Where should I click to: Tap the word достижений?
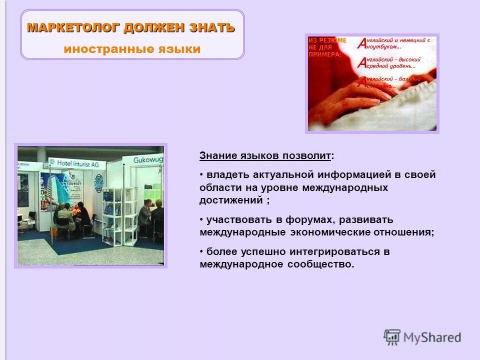[x=231, y=200]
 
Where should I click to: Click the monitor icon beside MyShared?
[x=392, y=337]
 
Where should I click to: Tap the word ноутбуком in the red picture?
[x=384, y=46]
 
